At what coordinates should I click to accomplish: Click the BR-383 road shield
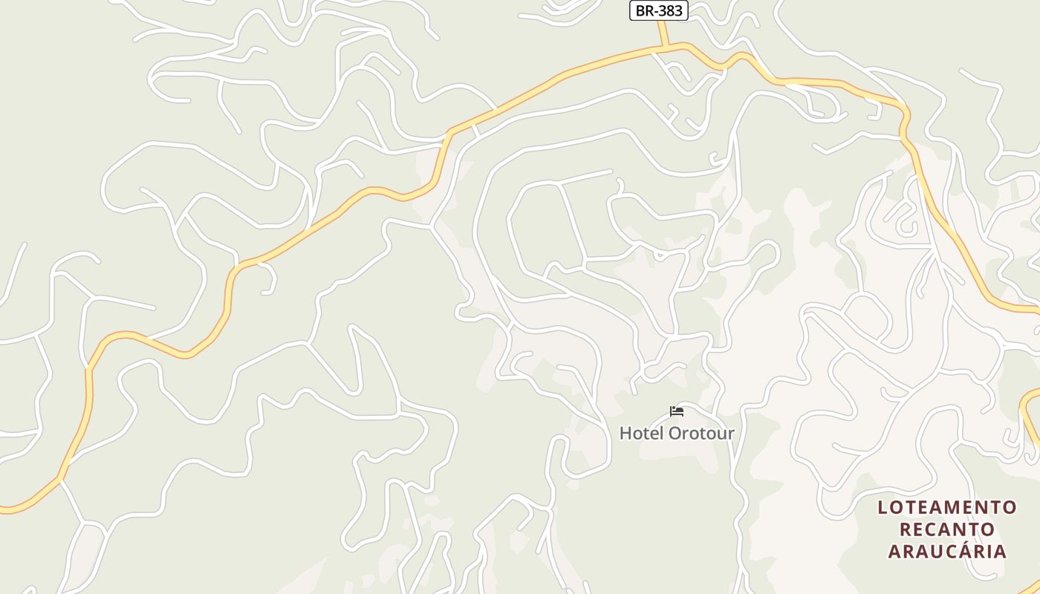tap(658, 10)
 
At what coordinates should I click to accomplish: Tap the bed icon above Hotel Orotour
tap(677, 411)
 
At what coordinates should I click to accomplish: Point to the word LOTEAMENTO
tap(947, 507)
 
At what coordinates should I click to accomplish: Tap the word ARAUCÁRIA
tap(947, 551)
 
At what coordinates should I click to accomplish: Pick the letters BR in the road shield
tap(643, 10)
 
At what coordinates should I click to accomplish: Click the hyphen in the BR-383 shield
tap(654, 10)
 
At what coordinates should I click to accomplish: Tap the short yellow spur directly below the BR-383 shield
tap(662, 33)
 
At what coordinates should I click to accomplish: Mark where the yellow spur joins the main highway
tap(666, 48)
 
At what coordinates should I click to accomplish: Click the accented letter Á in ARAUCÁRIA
tap(959, 551)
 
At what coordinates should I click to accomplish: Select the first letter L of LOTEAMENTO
tap(883, 507)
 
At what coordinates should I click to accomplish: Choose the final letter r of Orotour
tap(731, 433)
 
